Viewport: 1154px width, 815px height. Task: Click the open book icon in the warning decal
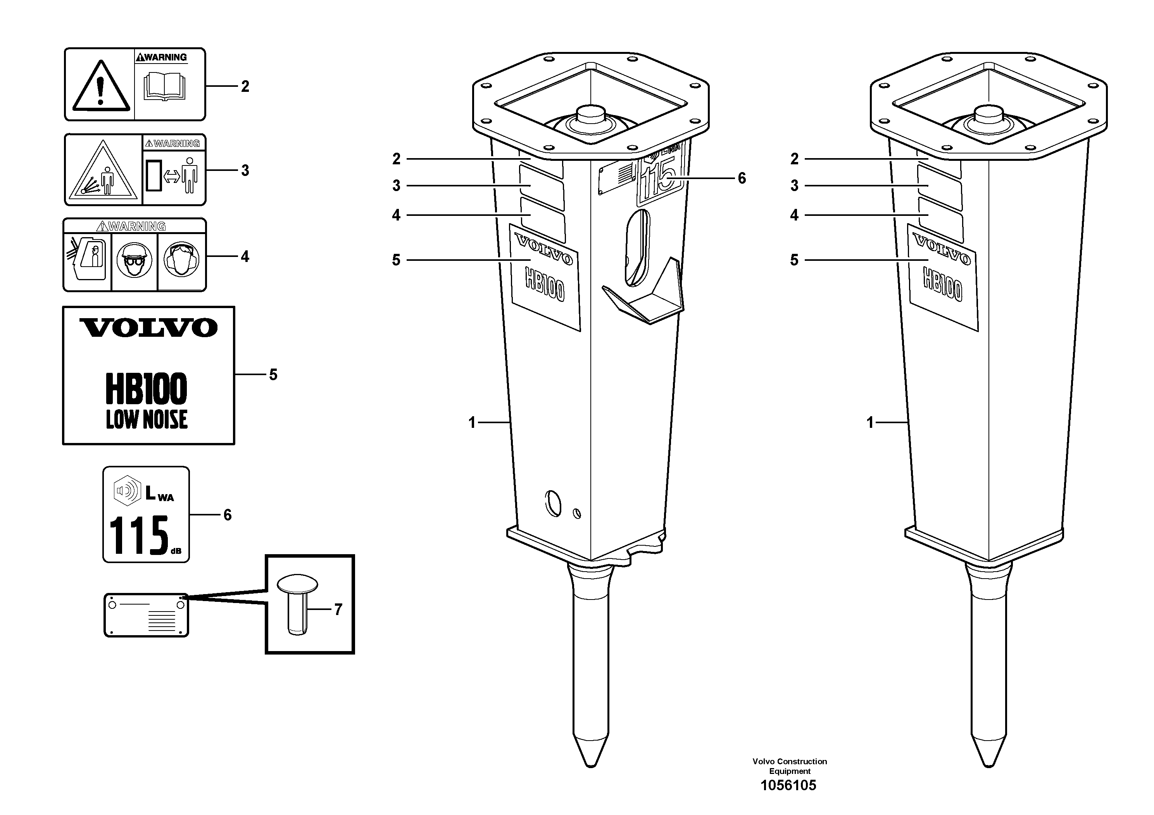[165, 86]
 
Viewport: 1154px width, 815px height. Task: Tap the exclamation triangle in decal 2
[100, 86]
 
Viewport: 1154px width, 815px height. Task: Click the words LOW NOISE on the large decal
[147, 420]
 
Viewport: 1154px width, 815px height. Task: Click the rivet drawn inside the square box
[298, 603]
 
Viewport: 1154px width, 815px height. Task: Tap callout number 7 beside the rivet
[338, 610]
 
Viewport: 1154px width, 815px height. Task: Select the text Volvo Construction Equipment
[789, 766]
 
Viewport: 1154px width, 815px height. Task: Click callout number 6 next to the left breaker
[741, 178]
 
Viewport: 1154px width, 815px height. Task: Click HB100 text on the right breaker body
[942, 284]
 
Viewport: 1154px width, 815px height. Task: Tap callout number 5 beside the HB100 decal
[273, 374]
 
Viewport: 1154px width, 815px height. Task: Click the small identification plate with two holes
[146, 615]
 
